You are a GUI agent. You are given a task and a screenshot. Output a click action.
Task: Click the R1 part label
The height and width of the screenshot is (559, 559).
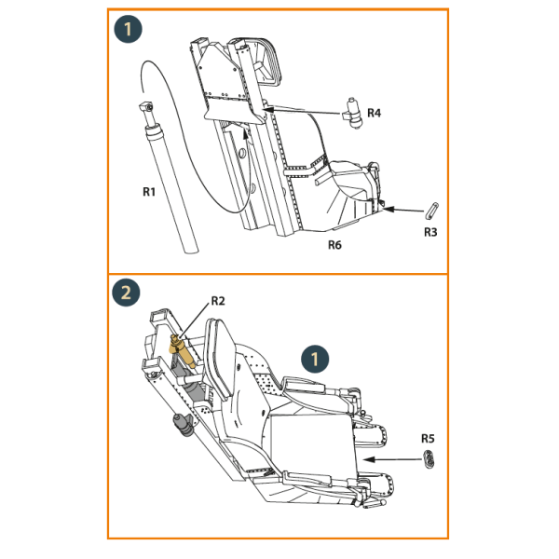click(149, 192)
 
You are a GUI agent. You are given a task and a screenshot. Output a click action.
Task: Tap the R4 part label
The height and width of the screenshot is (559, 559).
click(374, 113)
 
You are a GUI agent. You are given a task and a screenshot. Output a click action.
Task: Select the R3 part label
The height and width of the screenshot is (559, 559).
click(430, 232)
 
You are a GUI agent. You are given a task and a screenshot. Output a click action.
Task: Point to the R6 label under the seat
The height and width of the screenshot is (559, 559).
click(334, 245)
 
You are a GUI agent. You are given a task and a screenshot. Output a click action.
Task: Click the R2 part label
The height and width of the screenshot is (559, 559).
click(218, 301)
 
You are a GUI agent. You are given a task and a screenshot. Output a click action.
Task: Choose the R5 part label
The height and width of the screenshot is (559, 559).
click(428, 438)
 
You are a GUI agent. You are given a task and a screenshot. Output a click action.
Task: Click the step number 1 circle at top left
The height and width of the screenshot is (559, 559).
click(128, 29)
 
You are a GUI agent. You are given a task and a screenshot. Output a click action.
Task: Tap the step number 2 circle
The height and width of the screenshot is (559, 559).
click(126, 293)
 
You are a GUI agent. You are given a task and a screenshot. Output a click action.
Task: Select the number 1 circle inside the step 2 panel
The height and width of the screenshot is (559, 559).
click(315, 359)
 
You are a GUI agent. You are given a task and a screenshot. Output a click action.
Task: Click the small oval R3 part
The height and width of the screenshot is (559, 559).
click(431, 210)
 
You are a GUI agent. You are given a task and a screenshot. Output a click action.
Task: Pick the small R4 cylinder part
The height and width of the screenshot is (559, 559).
click(353, 113)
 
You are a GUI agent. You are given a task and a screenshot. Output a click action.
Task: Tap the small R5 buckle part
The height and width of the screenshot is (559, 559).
click(429, 459)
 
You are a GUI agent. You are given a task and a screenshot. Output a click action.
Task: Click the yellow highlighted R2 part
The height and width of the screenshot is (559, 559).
click(182, 351)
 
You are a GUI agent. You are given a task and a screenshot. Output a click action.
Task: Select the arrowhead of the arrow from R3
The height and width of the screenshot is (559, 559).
click(388, 209)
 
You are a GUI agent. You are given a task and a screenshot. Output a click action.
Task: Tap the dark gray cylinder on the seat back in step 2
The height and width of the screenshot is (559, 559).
click(183, 424)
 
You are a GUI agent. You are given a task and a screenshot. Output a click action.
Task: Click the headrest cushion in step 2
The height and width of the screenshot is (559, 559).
click(221, 359)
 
